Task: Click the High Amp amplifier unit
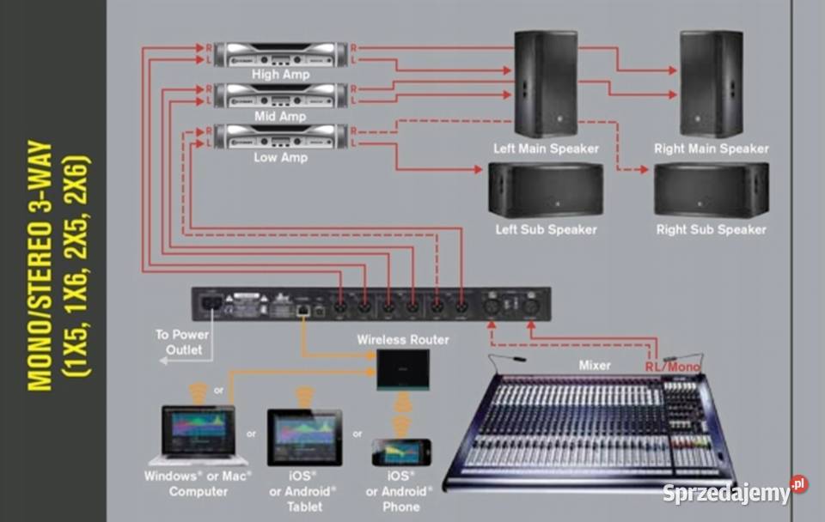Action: click(281, 54)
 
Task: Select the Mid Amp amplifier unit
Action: click(281, 95)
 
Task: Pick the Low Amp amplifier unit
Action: click(281, 136)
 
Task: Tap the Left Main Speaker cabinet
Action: click(546, 83)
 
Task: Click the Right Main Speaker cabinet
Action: click(711, 83)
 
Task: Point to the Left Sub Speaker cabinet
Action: click(546, 190)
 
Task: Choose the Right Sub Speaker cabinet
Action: click(711, 190)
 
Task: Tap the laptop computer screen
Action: click(198, 428)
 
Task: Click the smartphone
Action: click(400, 452)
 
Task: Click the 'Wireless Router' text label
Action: click(403, 340)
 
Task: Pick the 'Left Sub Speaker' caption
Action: click(546, 230)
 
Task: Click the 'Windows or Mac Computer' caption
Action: click(199, 483)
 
